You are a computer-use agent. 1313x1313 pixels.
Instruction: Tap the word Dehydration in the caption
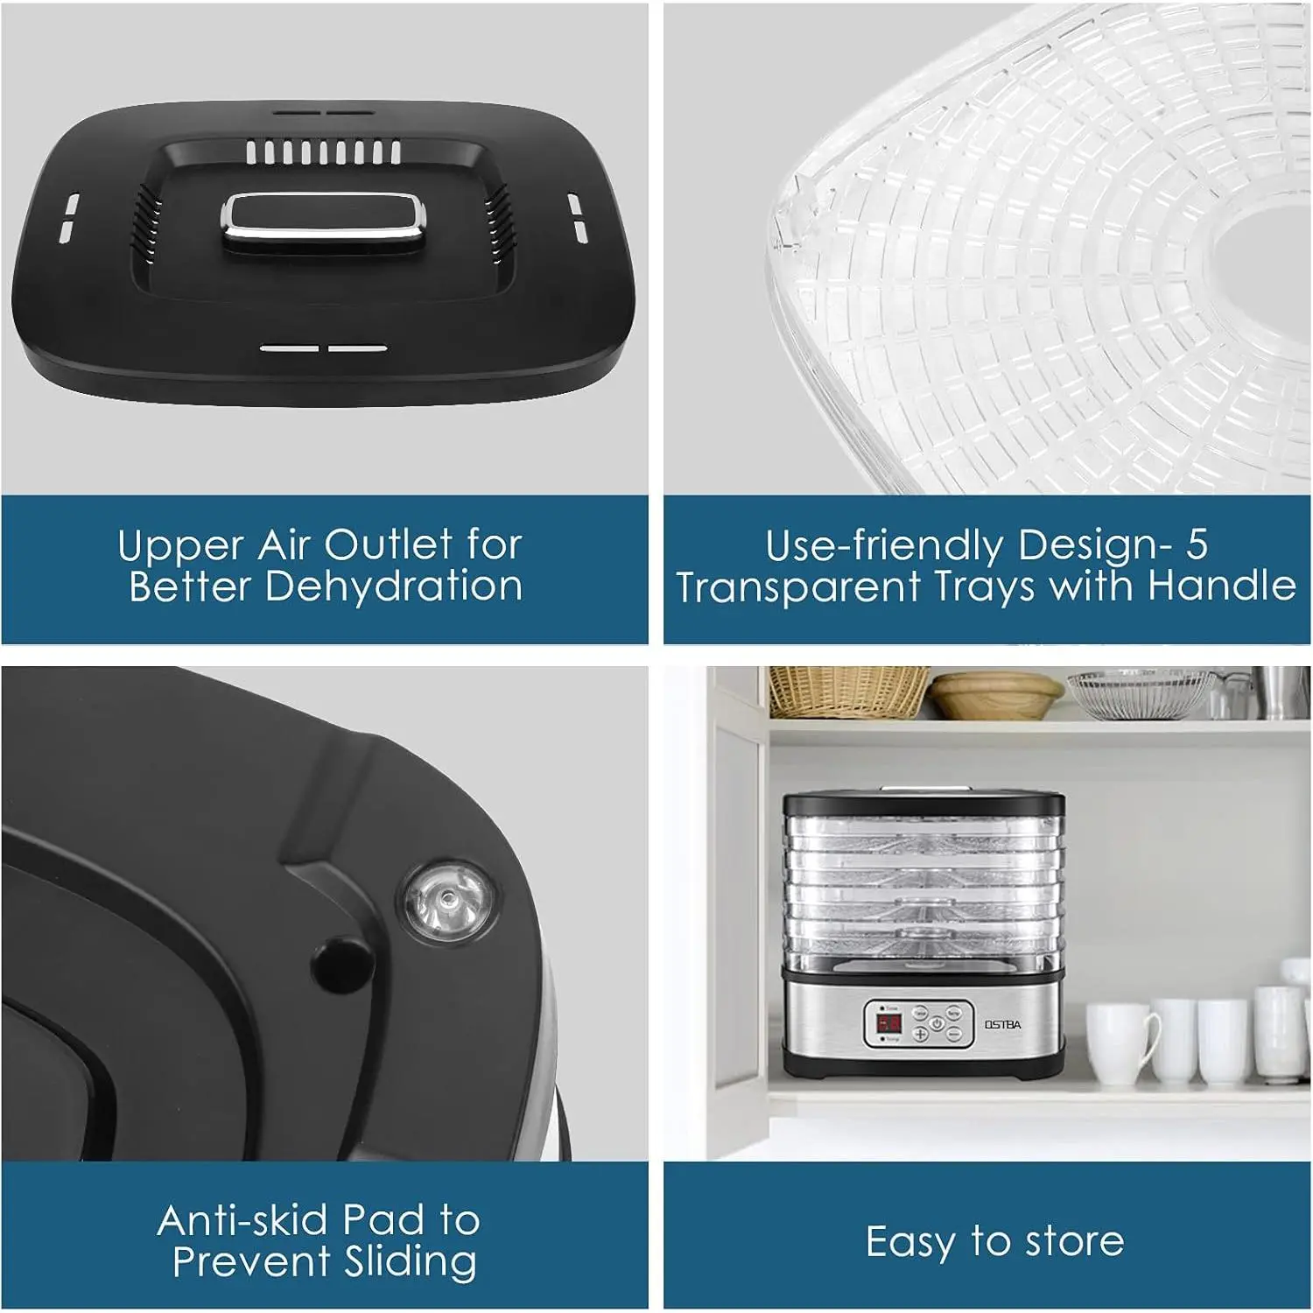coord(394,586)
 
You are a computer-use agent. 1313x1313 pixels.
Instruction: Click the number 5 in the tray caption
coord(1197,544)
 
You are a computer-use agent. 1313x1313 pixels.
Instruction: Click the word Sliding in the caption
coord(411,1262)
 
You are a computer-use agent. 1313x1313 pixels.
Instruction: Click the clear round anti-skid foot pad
coord(447,899)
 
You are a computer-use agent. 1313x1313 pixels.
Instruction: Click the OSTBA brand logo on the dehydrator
coord(1002,1024)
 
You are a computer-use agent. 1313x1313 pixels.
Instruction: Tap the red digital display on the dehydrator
coord(889,1022)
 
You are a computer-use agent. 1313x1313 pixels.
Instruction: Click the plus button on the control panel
coord(921,1034)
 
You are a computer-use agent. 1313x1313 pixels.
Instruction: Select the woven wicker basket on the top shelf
coord(848,691)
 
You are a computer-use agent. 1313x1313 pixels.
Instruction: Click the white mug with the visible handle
coord(1120,1042)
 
